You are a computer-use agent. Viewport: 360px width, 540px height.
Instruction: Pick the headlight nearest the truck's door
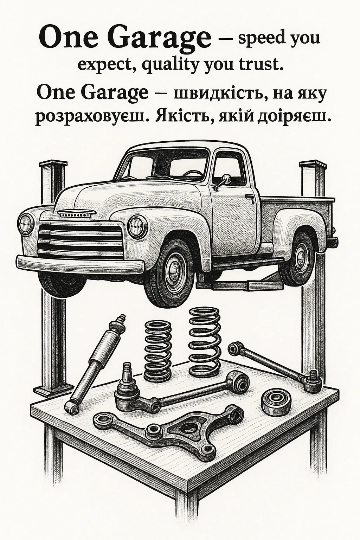(x=138, y=226)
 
